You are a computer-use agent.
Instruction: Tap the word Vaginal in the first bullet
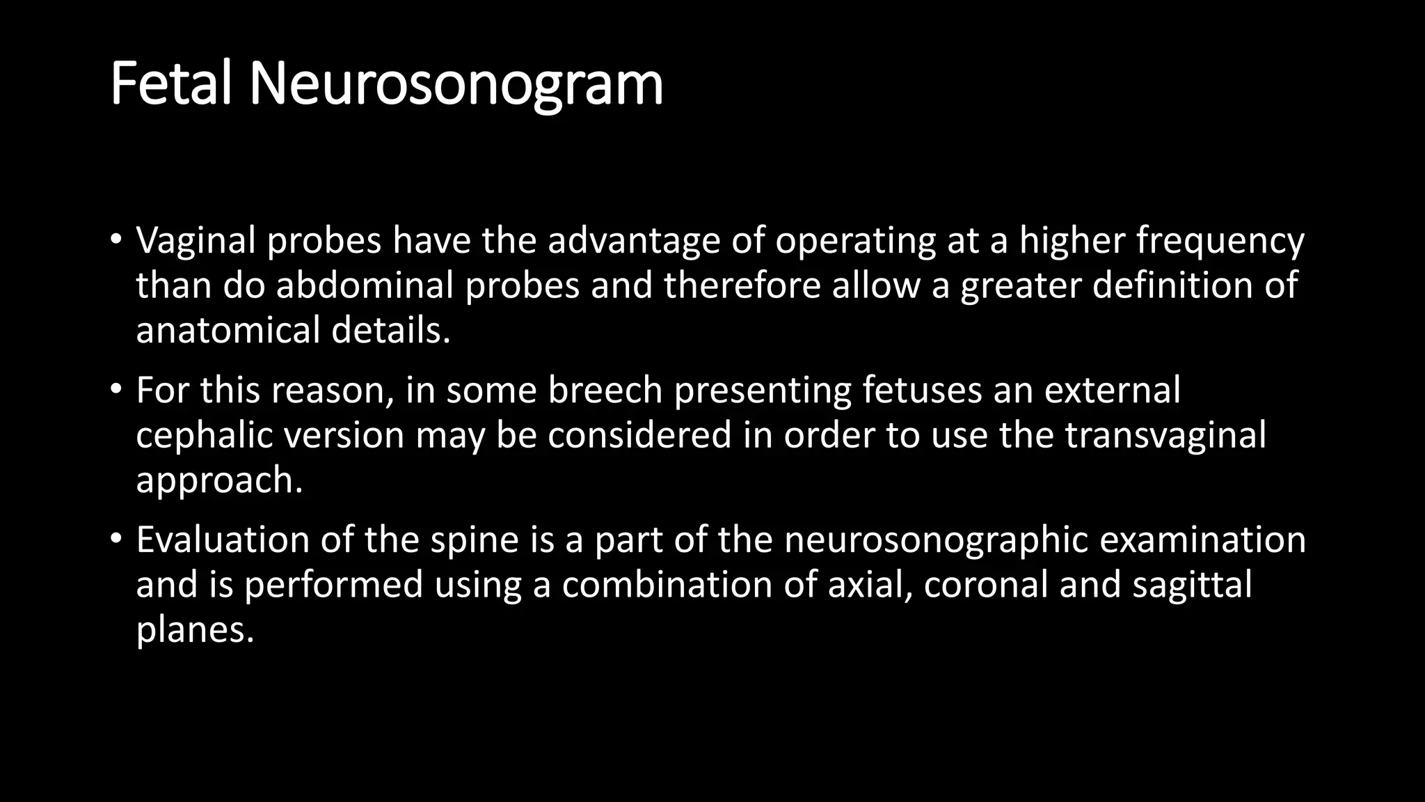tap(196, 241)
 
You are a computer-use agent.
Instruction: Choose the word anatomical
tap(228, 330)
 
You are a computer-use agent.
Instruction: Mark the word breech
tap(605, 390)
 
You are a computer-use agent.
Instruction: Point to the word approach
tap(219, 480)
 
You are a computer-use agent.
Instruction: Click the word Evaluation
tap(223, 540)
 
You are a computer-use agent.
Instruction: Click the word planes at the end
tap(195, 630)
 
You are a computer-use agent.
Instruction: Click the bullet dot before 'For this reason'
tap(116, 388)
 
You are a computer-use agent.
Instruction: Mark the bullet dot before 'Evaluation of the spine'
tap(116, 537)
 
